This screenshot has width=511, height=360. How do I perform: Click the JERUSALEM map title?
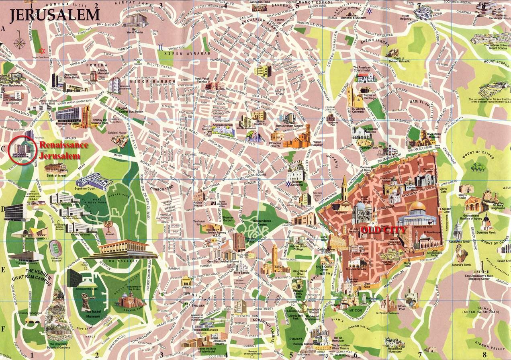click(x=55, y=14)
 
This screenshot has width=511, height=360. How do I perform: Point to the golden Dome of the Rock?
click(x=417, y=207)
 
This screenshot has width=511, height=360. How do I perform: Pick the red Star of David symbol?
click(x=41, y=50)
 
